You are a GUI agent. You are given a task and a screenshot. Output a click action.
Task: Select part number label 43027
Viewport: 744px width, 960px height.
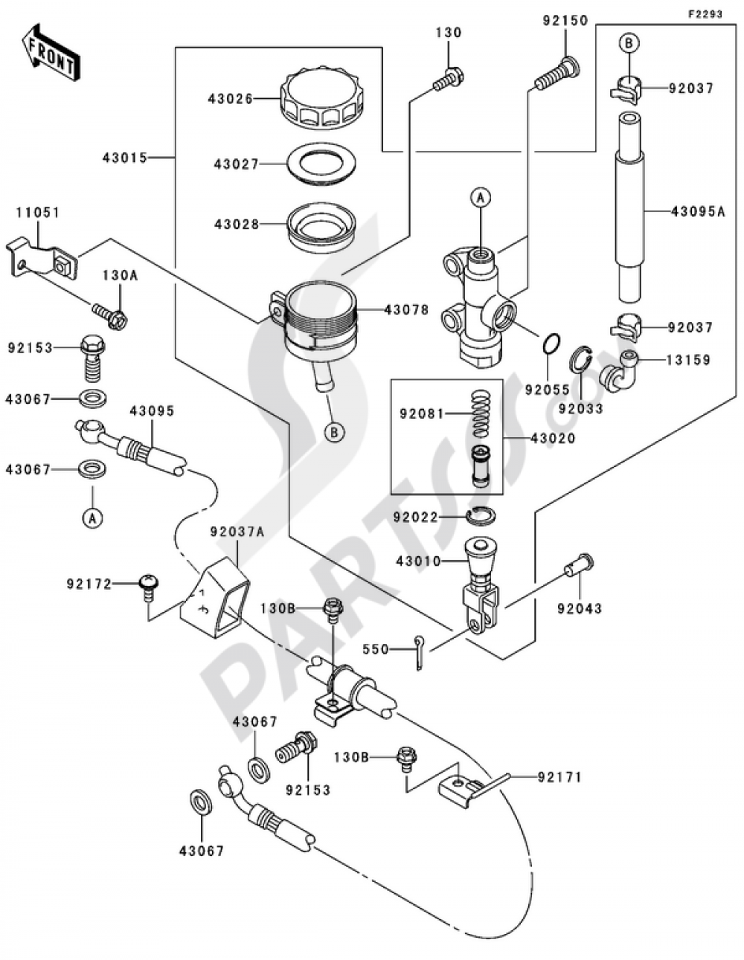coord(236,164)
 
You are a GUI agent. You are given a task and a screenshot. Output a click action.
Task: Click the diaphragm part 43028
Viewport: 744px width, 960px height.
coord(321,225)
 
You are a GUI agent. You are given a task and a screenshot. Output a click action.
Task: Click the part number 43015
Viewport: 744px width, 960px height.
coord(125,158)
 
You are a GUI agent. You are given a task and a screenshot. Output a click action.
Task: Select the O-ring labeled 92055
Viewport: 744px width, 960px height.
coord(550,345)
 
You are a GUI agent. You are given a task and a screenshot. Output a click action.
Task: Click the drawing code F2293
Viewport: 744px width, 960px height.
coord(705,13)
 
